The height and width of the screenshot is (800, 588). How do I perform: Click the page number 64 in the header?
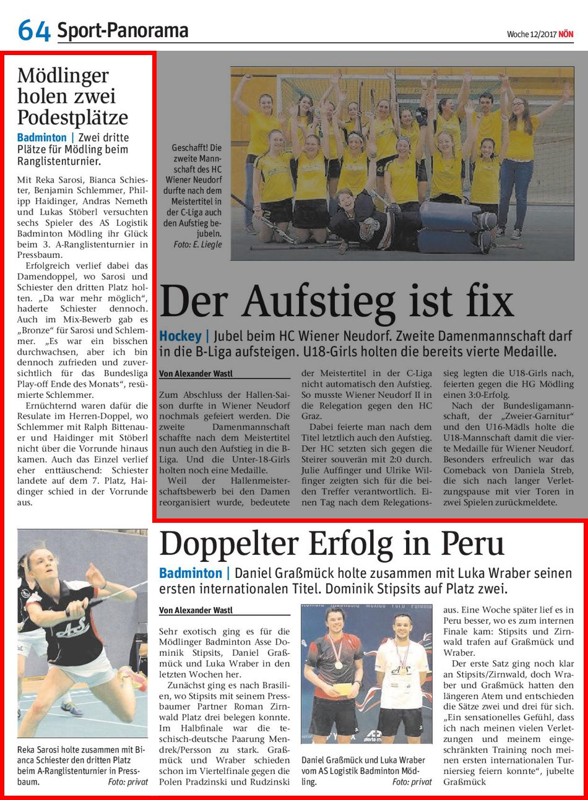click(33, 30)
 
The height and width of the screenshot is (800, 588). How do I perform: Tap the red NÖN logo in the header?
click(565, 35)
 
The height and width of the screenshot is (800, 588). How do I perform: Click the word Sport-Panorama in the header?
click(123, 30)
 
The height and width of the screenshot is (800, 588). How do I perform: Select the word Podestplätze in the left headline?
click(72, 117)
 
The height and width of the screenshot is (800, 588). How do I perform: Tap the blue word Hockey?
click(180, 336)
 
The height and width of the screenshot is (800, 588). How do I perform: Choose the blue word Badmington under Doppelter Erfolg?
click(190, 573)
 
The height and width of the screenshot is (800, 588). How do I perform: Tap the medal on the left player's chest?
click(338, 665)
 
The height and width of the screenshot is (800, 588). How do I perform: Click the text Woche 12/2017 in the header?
click(531, 35)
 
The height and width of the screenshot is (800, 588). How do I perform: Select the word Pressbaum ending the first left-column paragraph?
click(38, 254)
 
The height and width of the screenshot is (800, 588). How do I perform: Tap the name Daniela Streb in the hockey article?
click(537, 470)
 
